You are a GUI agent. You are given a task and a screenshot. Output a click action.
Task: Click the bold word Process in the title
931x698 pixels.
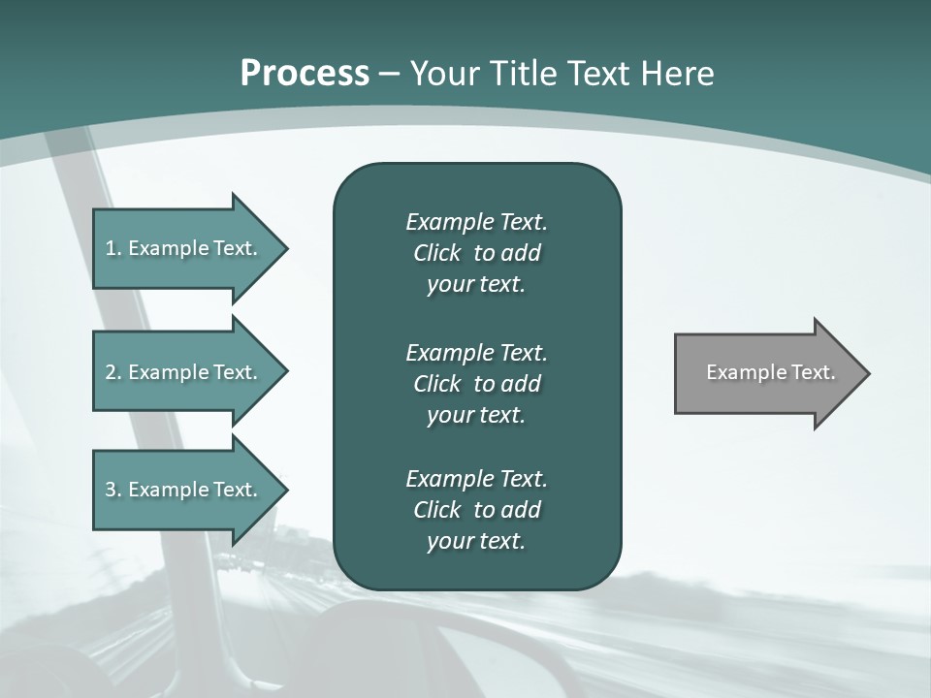pos(305,74)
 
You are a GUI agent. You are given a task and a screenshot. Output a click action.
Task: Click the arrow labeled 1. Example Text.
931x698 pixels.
pos(184,248)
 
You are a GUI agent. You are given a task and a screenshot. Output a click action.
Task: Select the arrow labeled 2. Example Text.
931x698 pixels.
pos(184,372)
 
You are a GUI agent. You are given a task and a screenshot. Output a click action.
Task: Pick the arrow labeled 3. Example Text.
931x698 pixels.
pos(184,490)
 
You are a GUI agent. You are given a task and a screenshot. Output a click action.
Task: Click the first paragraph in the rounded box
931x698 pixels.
pos(476,253)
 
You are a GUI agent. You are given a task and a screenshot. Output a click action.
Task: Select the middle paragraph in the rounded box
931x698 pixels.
pos(476,384)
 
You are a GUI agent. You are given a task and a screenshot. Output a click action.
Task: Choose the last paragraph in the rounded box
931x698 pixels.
pos(476,510)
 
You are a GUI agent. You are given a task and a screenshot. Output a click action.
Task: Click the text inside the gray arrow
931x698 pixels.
pos(770,372)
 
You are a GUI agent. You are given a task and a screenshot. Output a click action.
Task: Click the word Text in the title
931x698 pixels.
pos(598,74)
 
